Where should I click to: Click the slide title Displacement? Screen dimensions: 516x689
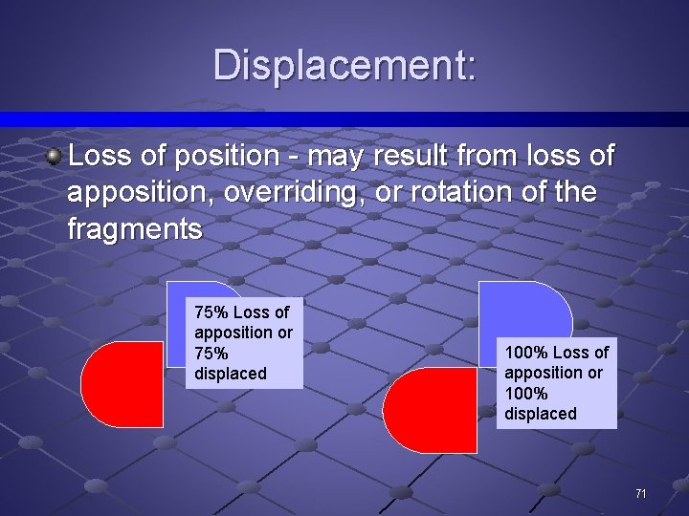(x=344, y=65)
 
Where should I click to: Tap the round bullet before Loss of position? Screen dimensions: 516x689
(x=56, y=156)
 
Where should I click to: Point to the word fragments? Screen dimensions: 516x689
(x=135, y=229)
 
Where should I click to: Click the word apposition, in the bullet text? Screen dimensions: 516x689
(x=141, y=192)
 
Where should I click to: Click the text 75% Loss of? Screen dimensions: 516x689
(x=241, y=312)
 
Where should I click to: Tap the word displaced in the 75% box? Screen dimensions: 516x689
(x=230, y=374)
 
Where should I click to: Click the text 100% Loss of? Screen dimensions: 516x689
(x=556, y=353)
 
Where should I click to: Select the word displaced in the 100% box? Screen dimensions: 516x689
(x=540, y=414)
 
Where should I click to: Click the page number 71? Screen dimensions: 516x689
(x=640, y=493)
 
